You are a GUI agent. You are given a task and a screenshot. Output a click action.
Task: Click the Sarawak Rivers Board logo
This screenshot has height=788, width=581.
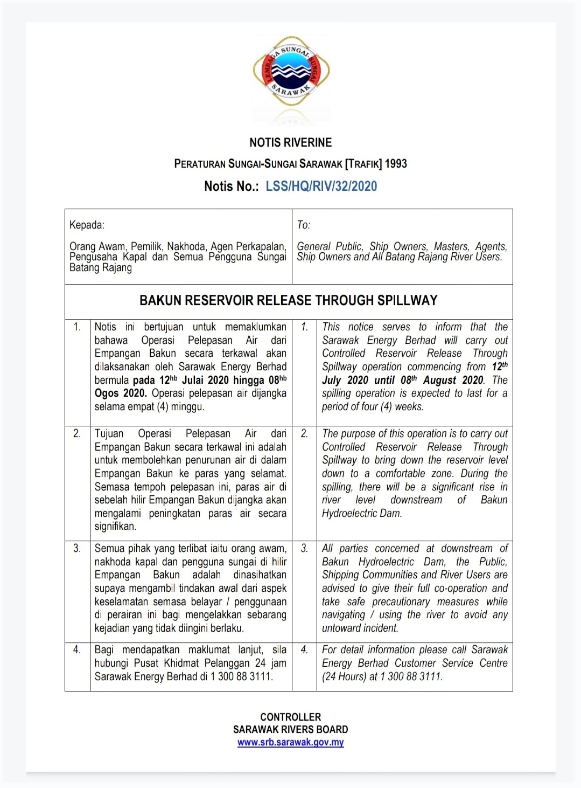(x=291, y=72)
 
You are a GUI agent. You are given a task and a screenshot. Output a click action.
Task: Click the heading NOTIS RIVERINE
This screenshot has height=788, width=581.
(x=290, y=143)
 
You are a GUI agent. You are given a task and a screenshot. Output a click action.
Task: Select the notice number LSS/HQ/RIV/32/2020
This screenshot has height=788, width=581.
(x=321, y=186)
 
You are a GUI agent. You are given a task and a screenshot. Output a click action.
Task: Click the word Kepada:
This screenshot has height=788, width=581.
(x=87, y=225)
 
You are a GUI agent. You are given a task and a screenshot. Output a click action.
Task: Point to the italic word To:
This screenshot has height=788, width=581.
(x=304, y=225)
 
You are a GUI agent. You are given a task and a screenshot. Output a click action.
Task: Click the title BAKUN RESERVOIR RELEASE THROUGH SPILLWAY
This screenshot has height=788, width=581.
(x=289, y=301)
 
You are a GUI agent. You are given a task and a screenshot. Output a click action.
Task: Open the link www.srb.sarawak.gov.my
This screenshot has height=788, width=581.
(x=290, y=742)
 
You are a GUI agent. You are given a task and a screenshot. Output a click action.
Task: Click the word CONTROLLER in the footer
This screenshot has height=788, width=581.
(x=290, y=717)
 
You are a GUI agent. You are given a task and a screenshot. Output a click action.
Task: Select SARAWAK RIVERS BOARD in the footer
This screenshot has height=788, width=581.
(x=290, y=729)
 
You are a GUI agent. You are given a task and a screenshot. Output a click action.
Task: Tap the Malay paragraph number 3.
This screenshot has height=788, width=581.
(x=77, y=549)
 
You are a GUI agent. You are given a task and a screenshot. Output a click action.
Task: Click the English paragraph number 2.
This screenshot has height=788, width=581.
(x=304, y=434)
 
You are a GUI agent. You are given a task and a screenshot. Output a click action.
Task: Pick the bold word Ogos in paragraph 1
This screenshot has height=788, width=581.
(x=107, y=393)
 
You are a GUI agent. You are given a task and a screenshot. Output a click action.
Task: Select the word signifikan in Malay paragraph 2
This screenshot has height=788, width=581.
(x=115, y=527)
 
